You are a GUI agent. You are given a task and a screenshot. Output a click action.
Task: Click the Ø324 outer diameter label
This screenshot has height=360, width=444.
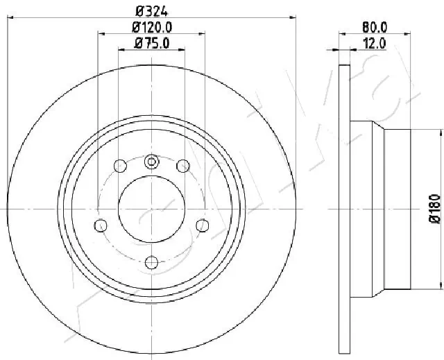tap(151, 10)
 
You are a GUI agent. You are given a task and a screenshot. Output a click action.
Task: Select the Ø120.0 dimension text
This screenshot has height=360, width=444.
tap(152, 27)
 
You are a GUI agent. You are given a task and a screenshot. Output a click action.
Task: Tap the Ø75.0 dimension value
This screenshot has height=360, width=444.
tap(151, 44)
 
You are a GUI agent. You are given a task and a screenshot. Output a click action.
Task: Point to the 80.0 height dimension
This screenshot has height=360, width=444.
tap(375, 27)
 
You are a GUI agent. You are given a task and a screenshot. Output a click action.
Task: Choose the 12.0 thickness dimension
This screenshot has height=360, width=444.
tap(375, 43)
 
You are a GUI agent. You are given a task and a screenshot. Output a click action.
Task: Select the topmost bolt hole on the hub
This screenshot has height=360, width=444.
tap(151, 162)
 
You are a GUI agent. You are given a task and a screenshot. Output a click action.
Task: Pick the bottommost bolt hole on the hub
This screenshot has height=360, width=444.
tap(151, 262)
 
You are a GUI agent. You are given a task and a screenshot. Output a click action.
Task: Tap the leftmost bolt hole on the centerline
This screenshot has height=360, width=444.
tap(101, 225)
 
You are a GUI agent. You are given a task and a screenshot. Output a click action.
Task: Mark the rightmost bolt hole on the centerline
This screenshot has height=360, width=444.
tap(203, 225)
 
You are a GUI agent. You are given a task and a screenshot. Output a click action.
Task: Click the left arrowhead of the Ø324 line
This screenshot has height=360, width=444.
tap(10, 17)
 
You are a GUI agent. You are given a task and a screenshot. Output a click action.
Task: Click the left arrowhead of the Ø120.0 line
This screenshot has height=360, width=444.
tap(101, 33)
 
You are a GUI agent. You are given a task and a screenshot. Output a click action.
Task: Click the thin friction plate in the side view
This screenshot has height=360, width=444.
tap(345, 208)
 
